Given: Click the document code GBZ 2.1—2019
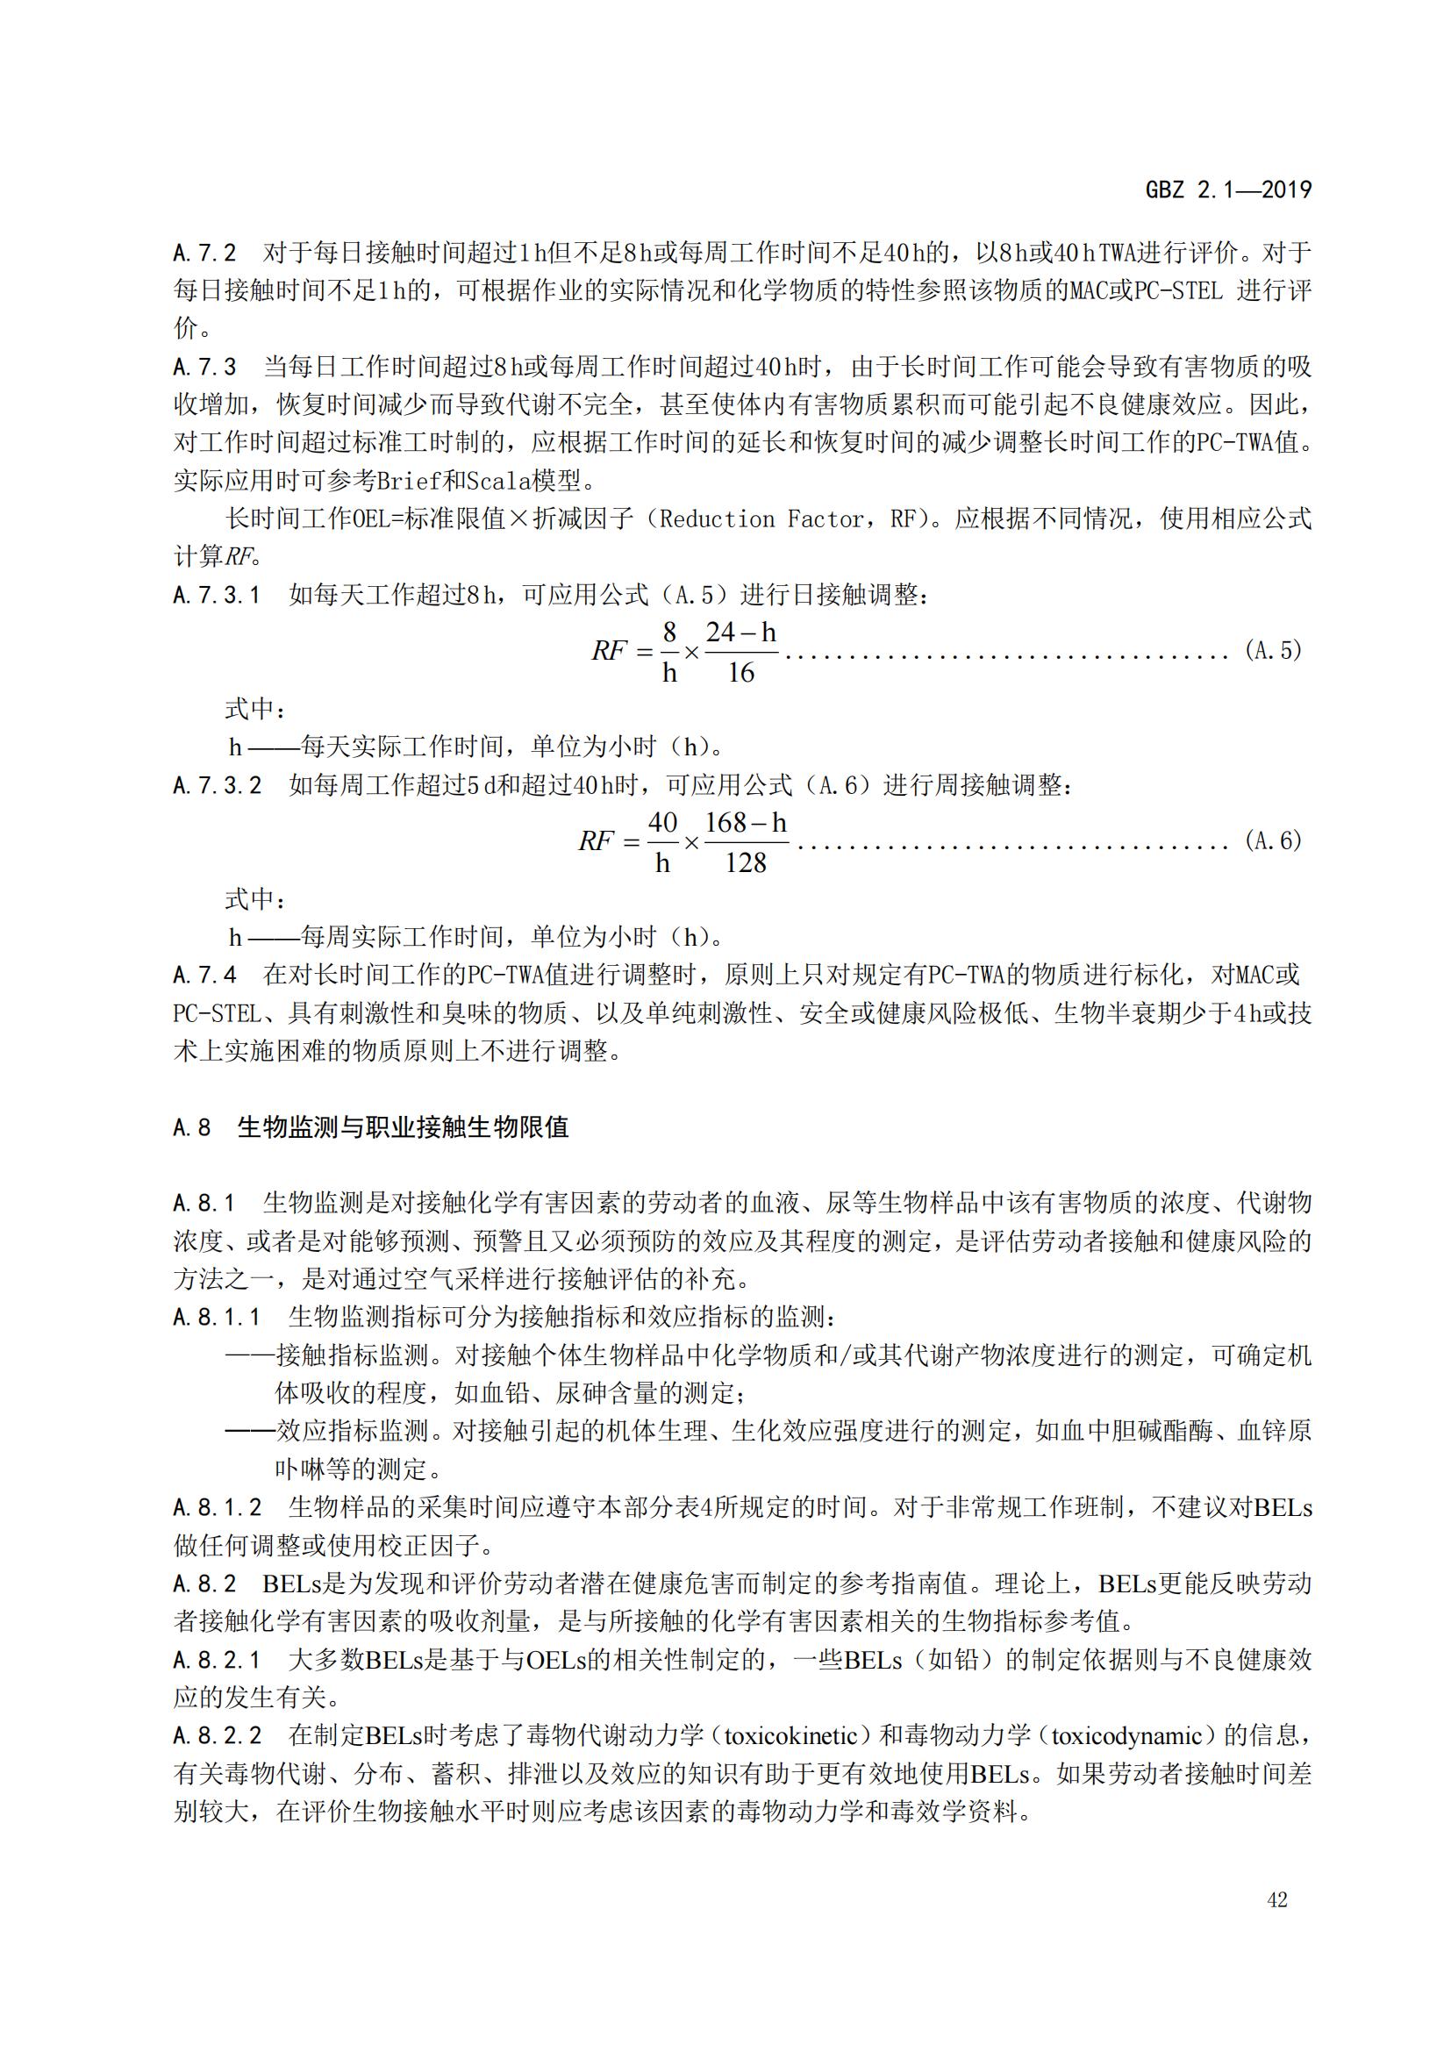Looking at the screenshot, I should pyautogui.click(x=1227, y=189).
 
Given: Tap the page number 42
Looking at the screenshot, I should pyautogui.click(x=1276, y=1900).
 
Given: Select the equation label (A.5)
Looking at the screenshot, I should pyautogui.click(x=1272, y=651).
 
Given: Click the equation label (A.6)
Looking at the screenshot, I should pyautogui.click(x=1272, y=841).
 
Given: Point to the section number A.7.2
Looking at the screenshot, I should pyautogui.click(x=204, y=253).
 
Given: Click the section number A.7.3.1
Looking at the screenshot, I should pyautogui.click(x=217, y=595).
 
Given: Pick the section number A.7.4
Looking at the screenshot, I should pyautogui.click(x=204, y=975).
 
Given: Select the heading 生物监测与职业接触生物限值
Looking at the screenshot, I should pyautogui.click(x=403, y=1127).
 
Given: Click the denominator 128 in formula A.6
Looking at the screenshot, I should pyautogui.click(x=745, y=862).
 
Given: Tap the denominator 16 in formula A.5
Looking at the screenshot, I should pyautogui.click(x=740, y=672).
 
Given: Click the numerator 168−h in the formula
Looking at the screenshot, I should pyautogui.click(x=745, y=822).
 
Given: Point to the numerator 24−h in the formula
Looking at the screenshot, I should pyautogui.click(x=740, y=633).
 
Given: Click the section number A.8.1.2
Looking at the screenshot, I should pyautogui.click(x=217, y=1508).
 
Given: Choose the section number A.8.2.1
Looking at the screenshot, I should pyautogui.click(x=217, y=1660).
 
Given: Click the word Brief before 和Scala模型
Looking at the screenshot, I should pyautogui.click(x=408, y=481).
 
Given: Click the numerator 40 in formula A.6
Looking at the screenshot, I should pyautogui.click(x=662, y=822).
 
